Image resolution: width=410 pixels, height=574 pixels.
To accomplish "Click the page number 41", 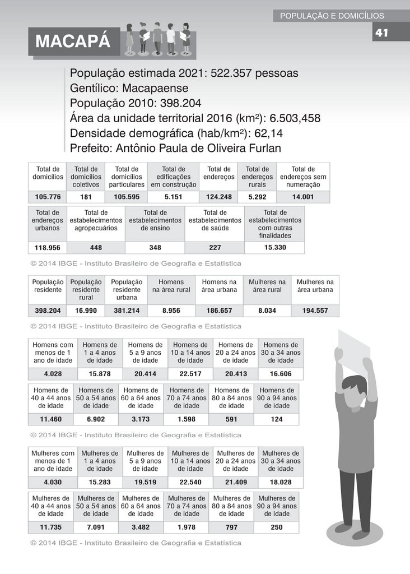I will point(381,33).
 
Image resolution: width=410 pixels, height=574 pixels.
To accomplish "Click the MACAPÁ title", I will point(73,42).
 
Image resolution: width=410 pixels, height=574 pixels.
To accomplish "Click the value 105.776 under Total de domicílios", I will point(48,197).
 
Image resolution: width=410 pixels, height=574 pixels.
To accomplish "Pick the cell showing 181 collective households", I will point(86,197).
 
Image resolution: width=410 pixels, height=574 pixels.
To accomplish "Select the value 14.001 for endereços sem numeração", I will point(303,197).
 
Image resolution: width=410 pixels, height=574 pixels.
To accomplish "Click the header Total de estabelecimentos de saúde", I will point(215,220).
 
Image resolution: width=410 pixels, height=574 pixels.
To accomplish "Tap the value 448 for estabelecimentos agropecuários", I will point(96,248).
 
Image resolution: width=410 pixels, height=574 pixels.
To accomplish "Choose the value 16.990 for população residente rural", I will point(86,311).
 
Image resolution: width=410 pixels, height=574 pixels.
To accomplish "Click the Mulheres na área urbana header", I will point(315,286).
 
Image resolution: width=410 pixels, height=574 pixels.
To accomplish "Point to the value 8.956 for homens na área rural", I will point(171,311).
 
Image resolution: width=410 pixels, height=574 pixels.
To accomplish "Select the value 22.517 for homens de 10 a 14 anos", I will point(190,374).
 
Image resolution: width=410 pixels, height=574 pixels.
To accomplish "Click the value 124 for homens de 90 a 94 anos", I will point(276,419).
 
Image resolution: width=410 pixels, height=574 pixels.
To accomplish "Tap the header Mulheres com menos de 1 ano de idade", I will point(53,461).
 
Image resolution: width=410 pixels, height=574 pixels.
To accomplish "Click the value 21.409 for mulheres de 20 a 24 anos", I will point(235,482).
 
